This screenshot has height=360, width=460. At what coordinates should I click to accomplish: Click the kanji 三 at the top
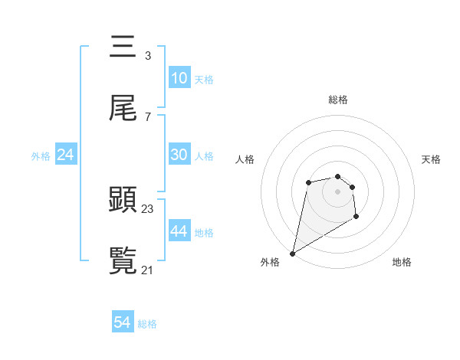tap(123, 47)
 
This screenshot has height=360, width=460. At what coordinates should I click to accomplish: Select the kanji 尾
tap(123, 109)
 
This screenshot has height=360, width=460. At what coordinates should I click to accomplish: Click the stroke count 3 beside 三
tap(147, 56)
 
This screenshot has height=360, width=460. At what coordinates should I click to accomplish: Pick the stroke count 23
tap(148, 208)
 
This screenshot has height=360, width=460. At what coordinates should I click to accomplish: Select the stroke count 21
tap(148, 270)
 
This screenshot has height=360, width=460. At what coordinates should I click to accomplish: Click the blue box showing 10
tap(179, 78)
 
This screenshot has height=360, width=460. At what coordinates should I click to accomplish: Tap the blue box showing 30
tap(179, 155)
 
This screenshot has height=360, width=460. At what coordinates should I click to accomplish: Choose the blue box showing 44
tap(179, 231)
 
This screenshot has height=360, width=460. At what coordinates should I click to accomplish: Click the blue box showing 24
tap(66, 155)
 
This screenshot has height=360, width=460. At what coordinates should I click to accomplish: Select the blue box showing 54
tap(123, 322)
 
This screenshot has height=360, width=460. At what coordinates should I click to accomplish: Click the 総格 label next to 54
tap(147, 324)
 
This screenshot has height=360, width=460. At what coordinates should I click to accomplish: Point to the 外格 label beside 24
tap(41, 156)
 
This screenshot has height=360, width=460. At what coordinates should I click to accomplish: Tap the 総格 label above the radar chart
tap(338, 100)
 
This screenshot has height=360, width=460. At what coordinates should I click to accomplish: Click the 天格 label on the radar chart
tap(432, 159)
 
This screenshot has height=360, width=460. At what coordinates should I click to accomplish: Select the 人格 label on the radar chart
tap(245, 159)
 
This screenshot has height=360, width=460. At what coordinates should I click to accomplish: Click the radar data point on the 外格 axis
tap(292, 253)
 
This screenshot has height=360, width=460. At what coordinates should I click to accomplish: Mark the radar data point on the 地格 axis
tap(356, 217)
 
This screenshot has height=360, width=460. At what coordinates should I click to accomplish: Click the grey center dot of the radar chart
tap(337, 191)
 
